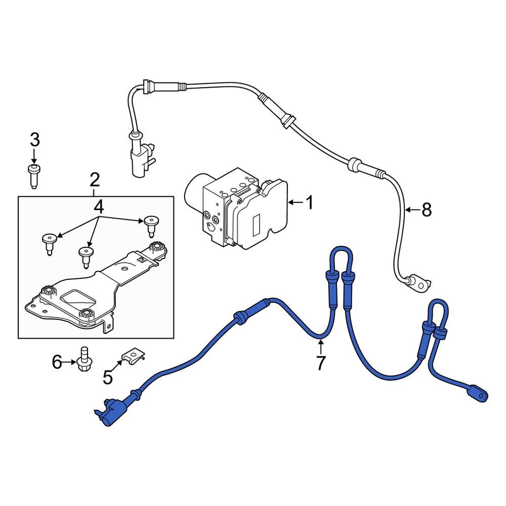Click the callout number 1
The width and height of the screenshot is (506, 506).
(x=309, y=203)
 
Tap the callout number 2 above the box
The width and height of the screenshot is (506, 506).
(x=95, y=180)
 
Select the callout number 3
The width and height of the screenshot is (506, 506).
(x=34, y=139)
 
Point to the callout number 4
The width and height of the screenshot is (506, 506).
(x=98, y=206)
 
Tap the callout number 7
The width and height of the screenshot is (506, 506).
(x=320, y=363)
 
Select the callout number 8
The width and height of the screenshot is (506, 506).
(x=427, y=209)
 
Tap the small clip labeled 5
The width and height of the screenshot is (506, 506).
(x=133, y=355)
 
